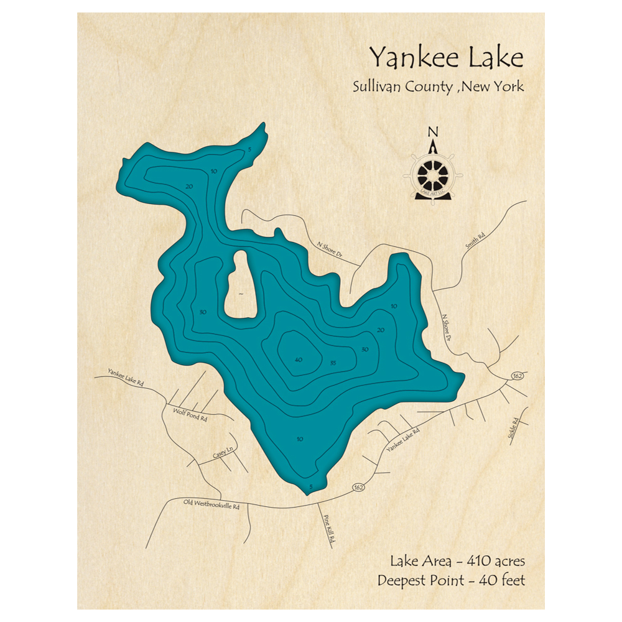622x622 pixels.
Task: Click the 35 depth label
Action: click(333, 363)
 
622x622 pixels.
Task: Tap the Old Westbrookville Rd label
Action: click(211, 504)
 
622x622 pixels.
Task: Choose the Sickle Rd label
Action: click(513, 429)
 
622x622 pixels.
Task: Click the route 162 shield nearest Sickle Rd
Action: click(517, 376)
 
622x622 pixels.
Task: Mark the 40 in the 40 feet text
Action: click(481, 581)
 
